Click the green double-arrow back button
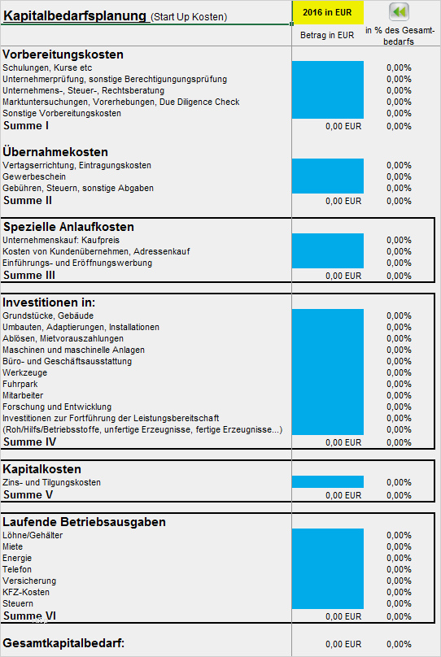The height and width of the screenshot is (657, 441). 399,11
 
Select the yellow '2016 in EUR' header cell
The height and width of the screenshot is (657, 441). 327,12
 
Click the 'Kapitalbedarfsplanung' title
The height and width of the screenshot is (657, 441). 75,16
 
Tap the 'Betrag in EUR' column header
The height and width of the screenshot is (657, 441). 327,35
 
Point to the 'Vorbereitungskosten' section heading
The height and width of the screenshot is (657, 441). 63,54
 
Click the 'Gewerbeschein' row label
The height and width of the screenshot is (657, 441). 34,176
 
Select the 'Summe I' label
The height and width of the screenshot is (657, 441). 26,126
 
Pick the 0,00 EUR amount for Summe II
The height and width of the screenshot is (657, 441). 343,201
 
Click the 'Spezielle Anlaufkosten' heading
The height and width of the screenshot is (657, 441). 68,227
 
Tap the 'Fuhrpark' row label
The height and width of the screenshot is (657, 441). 20,384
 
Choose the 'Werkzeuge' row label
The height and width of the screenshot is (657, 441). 24,372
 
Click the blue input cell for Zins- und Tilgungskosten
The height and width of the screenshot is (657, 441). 328,482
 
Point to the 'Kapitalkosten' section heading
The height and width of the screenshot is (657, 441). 42,469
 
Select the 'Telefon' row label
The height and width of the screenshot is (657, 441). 17,569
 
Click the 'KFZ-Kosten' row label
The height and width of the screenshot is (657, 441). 26,592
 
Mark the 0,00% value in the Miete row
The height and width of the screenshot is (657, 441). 399,546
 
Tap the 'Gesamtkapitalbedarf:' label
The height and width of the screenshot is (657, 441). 63,642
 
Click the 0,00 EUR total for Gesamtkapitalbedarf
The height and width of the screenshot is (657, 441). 343,644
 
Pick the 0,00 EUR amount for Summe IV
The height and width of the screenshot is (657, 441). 343,442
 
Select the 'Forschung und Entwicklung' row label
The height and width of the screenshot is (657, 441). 57,407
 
